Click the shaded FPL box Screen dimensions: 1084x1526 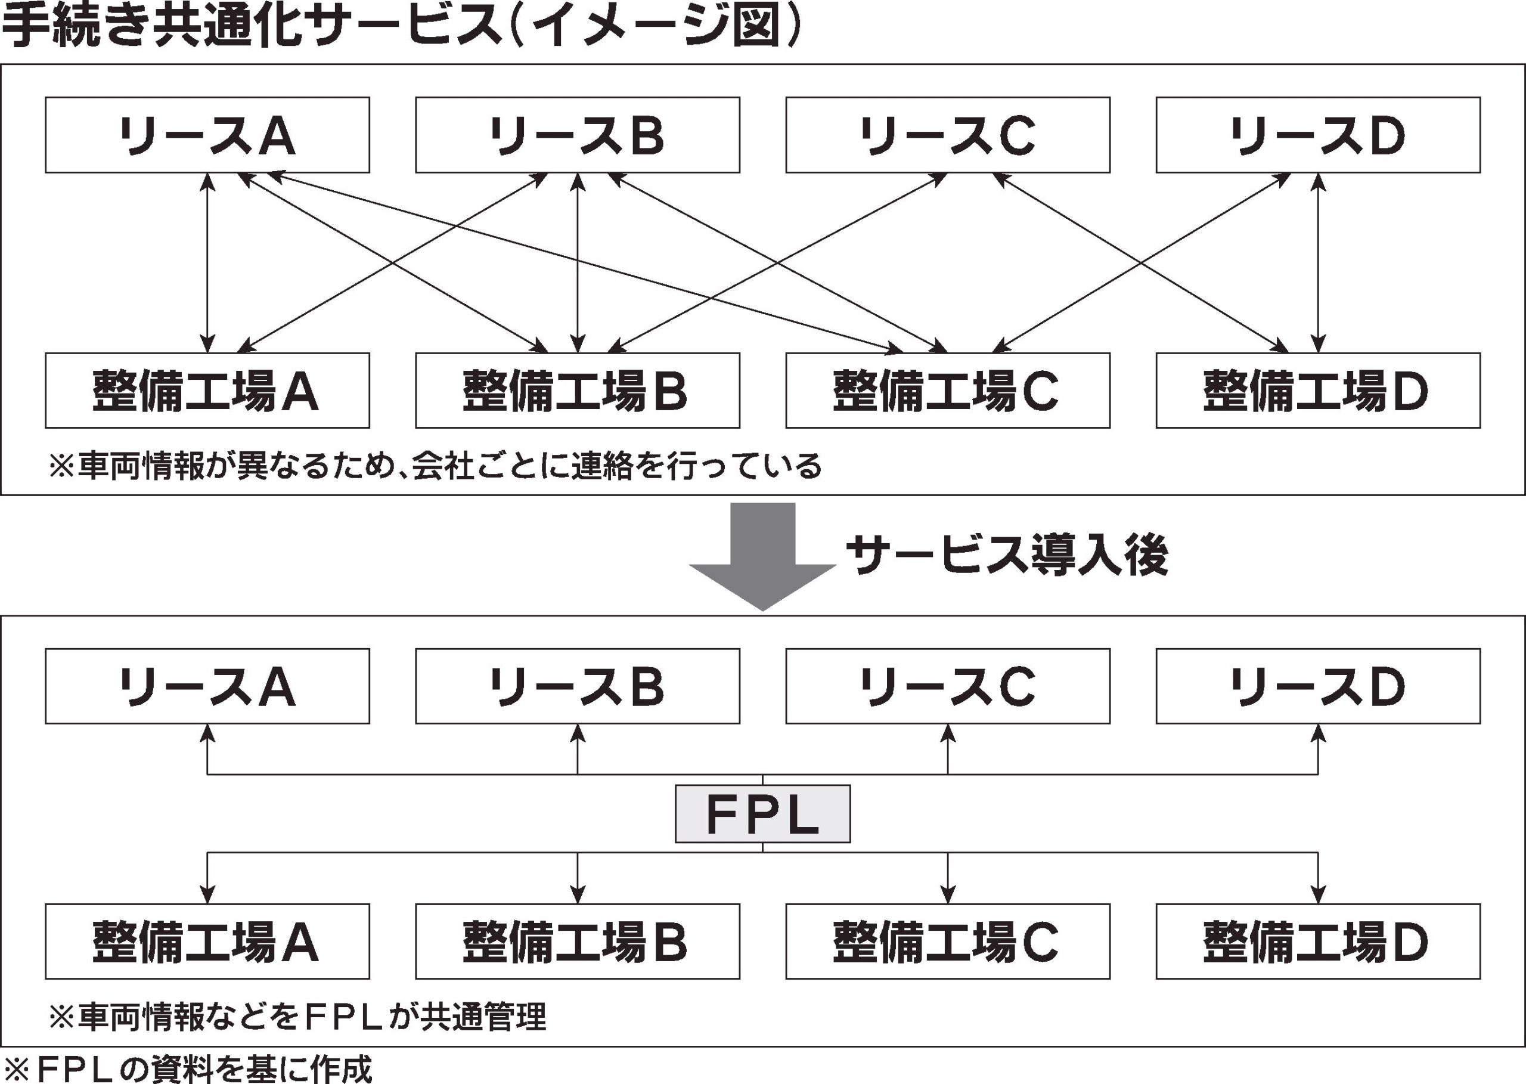click(x=762, y=813)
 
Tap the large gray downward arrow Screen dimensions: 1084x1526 click(x=762, y=560)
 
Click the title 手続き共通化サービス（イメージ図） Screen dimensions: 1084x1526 click(x=401, y=27)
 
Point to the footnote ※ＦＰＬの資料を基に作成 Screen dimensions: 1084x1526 click(x=187, y=1068)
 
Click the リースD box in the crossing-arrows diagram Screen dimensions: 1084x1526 click(x=1318, y=135)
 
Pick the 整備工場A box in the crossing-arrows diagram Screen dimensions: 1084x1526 click(x=207, y=391)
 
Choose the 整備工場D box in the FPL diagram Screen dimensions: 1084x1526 click(x=1318, y=941)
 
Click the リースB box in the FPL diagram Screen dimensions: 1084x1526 click(x=577, y=686)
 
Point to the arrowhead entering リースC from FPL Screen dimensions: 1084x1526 click(x=948, y=733)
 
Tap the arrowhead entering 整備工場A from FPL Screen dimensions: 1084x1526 click(x=207, y=894)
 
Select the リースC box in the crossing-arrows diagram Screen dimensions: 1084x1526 click(x=948, y=135)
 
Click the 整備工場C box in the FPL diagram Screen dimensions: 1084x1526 click(x=948, y=941)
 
